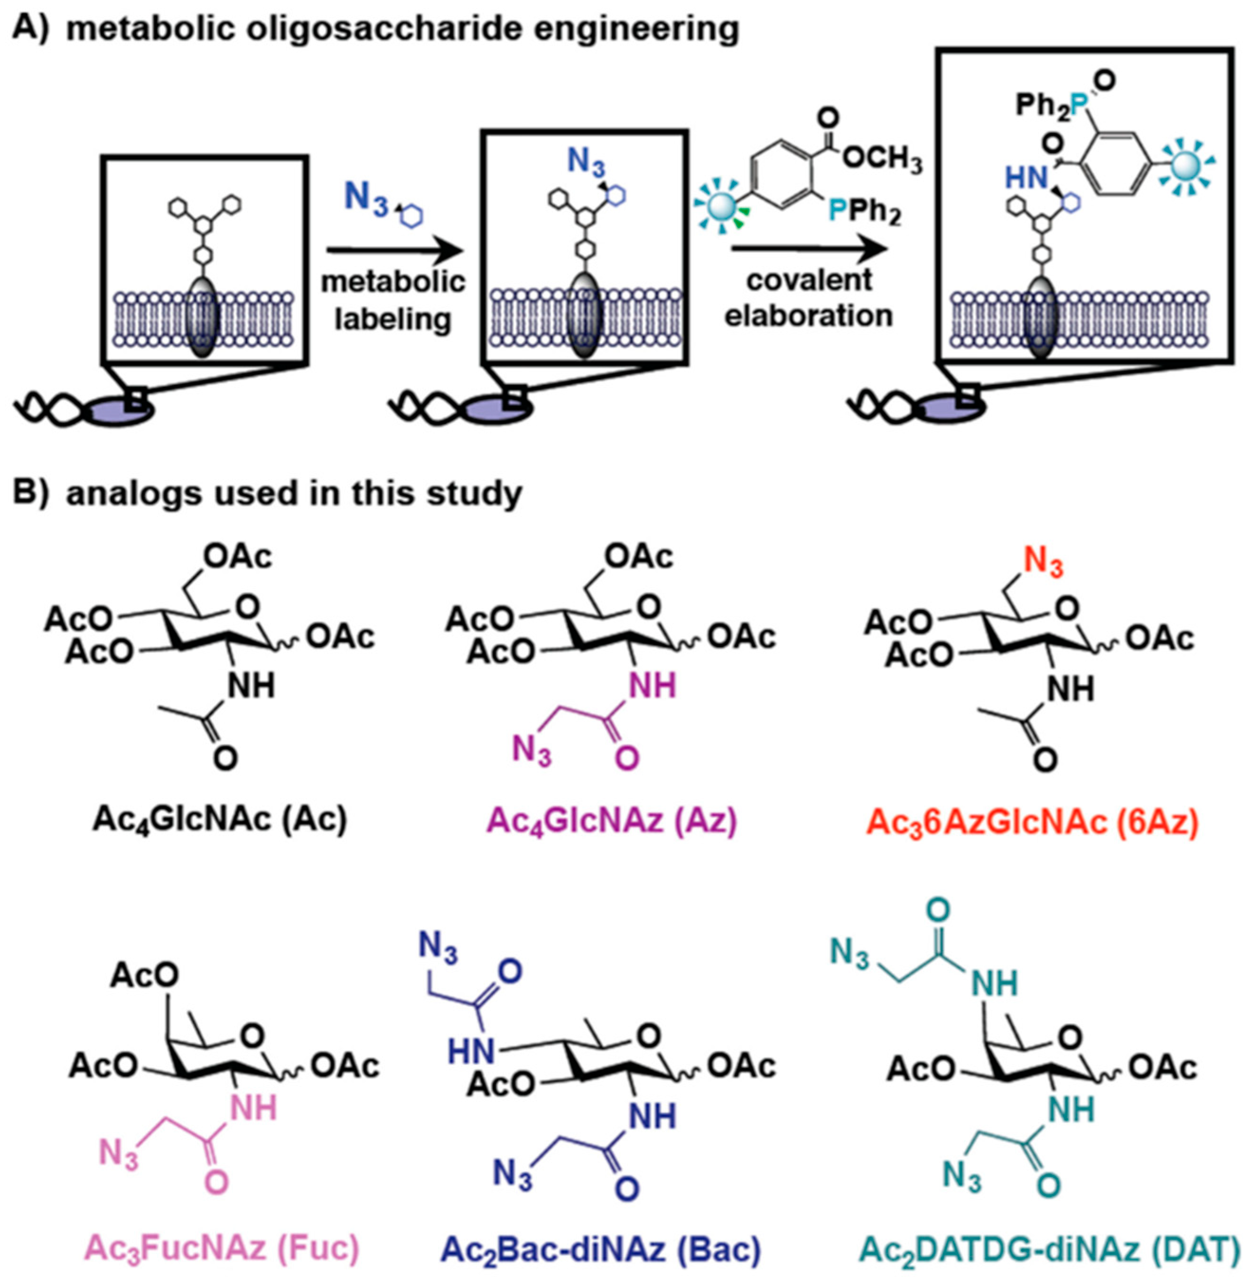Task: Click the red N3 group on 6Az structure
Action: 1043,564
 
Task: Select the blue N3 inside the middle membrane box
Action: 586,161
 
